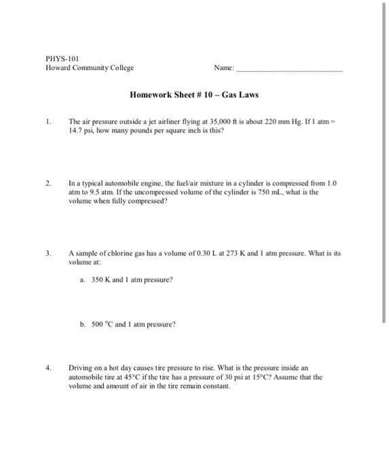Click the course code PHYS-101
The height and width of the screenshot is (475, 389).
point(58,59)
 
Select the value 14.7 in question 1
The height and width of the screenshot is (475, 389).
point(74,132)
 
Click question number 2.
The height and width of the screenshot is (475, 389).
point(50,183)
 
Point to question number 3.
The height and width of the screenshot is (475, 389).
point(50,252)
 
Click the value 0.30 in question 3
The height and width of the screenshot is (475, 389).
point(208,252)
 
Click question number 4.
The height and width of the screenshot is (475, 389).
point(50,368)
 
